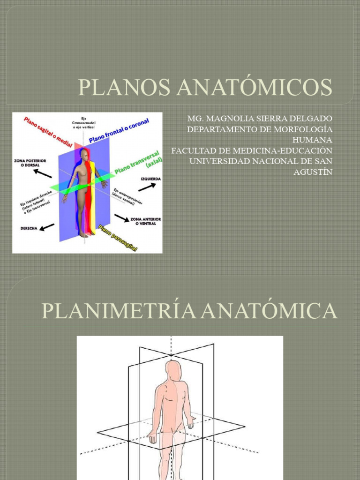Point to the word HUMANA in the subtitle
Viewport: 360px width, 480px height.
[x=312, y=140]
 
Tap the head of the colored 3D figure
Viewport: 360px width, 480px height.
[x=84, y=154]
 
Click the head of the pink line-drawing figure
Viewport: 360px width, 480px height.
[x=173, y=370]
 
